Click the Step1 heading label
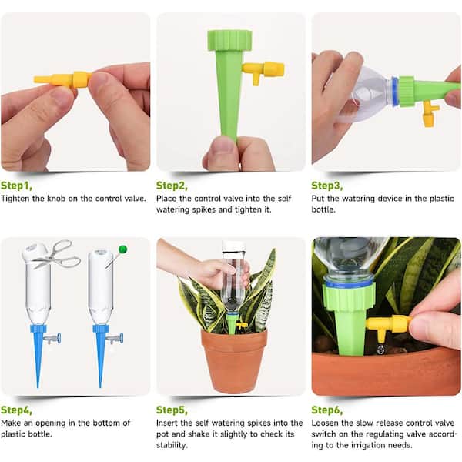(x=17, y=186)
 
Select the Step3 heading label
(x=327, y=186)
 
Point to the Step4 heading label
(x=17, y=410)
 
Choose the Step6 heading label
(x=327, y=410)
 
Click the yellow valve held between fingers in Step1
(x=62, y=79)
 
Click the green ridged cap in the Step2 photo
(x=229, y=39)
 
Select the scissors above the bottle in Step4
(x=57, y=254)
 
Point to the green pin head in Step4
(x=122, y=249)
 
